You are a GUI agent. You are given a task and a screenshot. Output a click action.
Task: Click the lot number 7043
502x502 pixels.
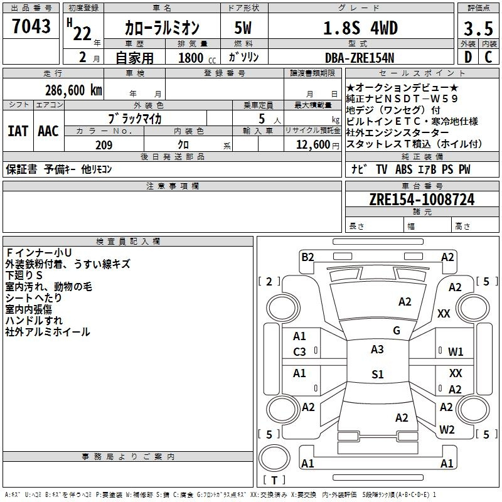point(31,26)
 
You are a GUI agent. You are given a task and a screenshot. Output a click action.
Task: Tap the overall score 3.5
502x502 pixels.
point(478,28)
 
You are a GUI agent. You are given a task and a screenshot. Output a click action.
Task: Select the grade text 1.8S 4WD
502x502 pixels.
point(360,28)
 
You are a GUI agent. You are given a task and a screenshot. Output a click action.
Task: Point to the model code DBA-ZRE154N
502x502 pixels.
point(360,58)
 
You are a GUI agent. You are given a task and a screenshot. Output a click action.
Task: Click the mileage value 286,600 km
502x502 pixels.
point(73,90)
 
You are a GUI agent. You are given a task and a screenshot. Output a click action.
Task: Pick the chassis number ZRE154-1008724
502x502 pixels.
point(422,200)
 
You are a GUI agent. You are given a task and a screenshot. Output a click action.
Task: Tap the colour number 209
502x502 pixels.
point(104,145)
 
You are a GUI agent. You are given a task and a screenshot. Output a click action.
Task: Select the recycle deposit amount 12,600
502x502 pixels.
point(313,145)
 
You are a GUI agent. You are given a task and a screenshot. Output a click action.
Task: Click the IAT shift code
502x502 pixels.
point(18,131)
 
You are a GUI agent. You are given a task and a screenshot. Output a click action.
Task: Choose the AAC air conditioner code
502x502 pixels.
point(48,131)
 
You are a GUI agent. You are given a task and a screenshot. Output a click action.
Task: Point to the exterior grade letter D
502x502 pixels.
point(468,57)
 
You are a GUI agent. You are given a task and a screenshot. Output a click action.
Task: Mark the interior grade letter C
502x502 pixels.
point(488,57)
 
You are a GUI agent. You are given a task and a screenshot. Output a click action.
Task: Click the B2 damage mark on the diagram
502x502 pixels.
point(307,257)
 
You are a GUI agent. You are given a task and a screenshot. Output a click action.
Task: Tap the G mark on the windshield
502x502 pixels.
point(397,331)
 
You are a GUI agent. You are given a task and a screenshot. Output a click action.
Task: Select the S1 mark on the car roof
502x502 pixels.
point(378,374)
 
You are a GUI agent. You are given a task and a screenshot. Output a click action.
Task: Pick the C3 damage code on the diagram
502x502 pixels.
point(299,352)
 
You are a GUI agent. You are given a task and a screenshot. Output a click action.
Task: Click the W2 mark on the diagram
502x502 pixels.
point(447,429)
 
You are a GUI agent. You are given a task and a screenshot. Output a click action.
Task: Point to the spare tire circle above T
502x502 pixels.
point(274,458)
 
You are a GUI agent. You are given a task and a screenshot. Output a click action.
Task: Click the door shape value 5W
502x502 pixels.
point(243,28)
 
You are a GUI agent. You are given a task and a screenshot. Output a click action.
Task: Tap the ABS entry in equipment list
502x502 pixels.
point(403,169)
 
